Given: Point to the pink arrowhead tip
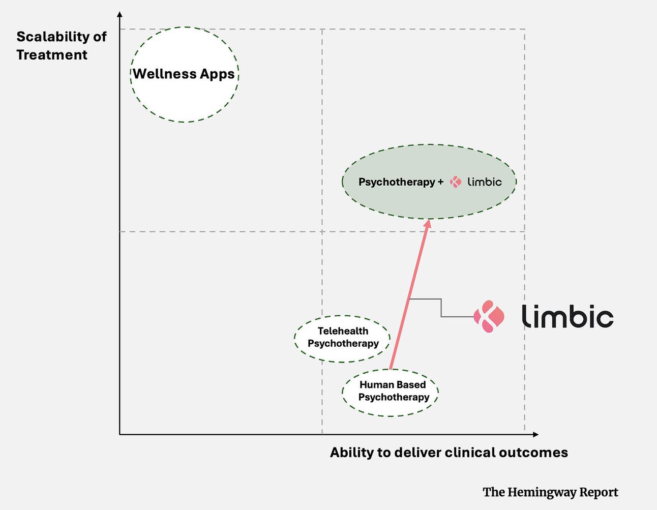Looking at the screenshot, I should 429,220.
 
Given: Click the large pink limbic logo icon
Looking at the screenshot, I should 489,316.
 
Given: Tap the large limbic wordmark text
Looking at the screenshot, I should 568,316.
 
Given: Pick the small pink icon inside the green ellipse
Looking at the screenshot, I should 456,182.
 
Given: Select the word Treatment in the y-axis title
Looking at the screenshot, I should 52,55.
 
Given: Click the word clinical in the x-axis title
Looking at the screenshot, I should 469,453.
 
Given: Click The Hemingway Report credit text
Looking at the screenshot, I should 550,492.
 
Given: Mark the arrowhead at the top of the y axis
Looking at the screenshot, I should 120,14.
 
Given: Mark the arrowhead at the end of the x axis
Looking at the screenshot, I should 535,434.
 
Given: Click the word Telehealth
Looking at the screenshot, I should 343,331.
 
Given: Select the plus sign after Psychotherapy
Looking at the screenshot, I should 440,182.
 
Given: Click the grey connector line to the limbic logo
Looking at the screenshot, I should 441,308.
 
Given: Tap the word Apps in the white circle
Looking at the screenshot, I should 217,74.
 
